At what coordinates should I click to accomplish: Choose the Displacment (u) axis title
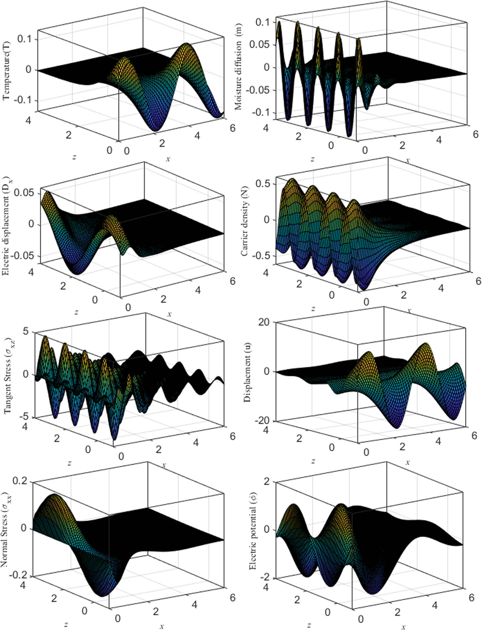coord(247,372)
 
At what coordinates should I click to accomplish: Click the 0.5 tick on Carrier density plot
coord(263,184)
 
